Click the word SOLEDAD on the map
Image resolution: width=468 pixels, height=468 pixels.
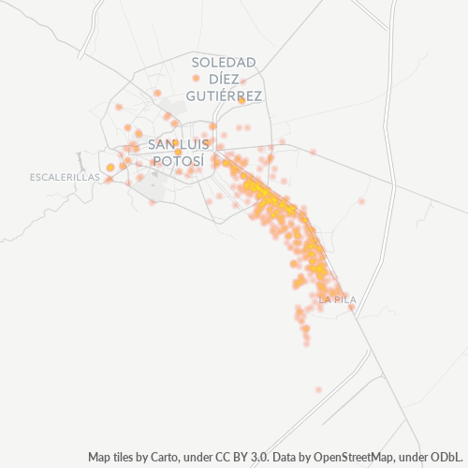click(x=224, y=62)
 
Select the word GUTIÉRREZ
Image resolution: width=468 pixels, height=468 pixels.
click(x=224, y=95)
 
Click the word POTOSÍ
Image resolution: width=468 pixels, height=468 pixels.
click(x=177, y=161)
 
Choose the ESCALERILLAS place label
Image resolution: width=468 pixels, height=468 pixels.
click(x=65, y=177)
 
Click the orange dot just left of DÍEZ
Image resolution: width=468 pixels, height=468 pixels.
click(x=196, y=79)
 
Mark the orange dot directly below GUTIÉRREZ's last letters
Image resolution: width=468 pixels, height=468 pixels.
click(x=241, y=100)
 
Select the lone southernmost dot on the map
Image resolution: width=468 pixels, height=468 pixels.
click(x=318, y=389)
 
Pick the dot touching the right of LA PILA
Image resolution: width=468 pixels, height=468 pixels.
click(x=352, y=306)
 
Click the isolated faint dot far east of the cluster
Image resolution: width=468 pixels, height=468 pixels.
click(x=361, y=201)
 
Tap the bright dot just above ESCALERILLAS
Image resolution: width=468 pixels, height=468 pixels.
click(x=110, y=168)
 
